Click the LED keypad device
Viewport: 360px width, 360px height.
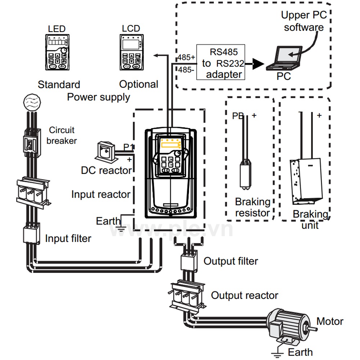point(57,52)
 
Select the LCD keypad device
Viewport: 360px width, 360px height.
point(131,52)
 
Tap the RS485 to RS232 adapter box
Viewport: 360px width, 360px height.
point(221,62)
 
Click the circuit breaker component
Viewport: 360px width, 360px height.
point(32,143)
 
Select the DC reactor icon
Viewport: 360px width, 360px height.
point(105,151)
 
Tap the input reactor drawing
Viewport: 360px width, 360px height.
point(33,193)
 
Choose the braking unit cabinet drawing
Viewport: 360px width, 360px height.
point(306,181)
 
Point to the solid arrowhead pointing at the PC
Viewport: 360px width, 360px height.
point(258,64)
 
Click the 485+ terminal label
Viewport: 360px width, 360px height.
point(186,57)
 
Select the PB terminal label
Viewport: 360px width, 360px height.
point(238,116)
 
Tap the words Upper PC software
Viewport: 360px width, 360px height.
point(304,21)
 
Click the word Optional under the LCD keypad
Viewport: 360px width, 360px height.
point(139,84)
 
